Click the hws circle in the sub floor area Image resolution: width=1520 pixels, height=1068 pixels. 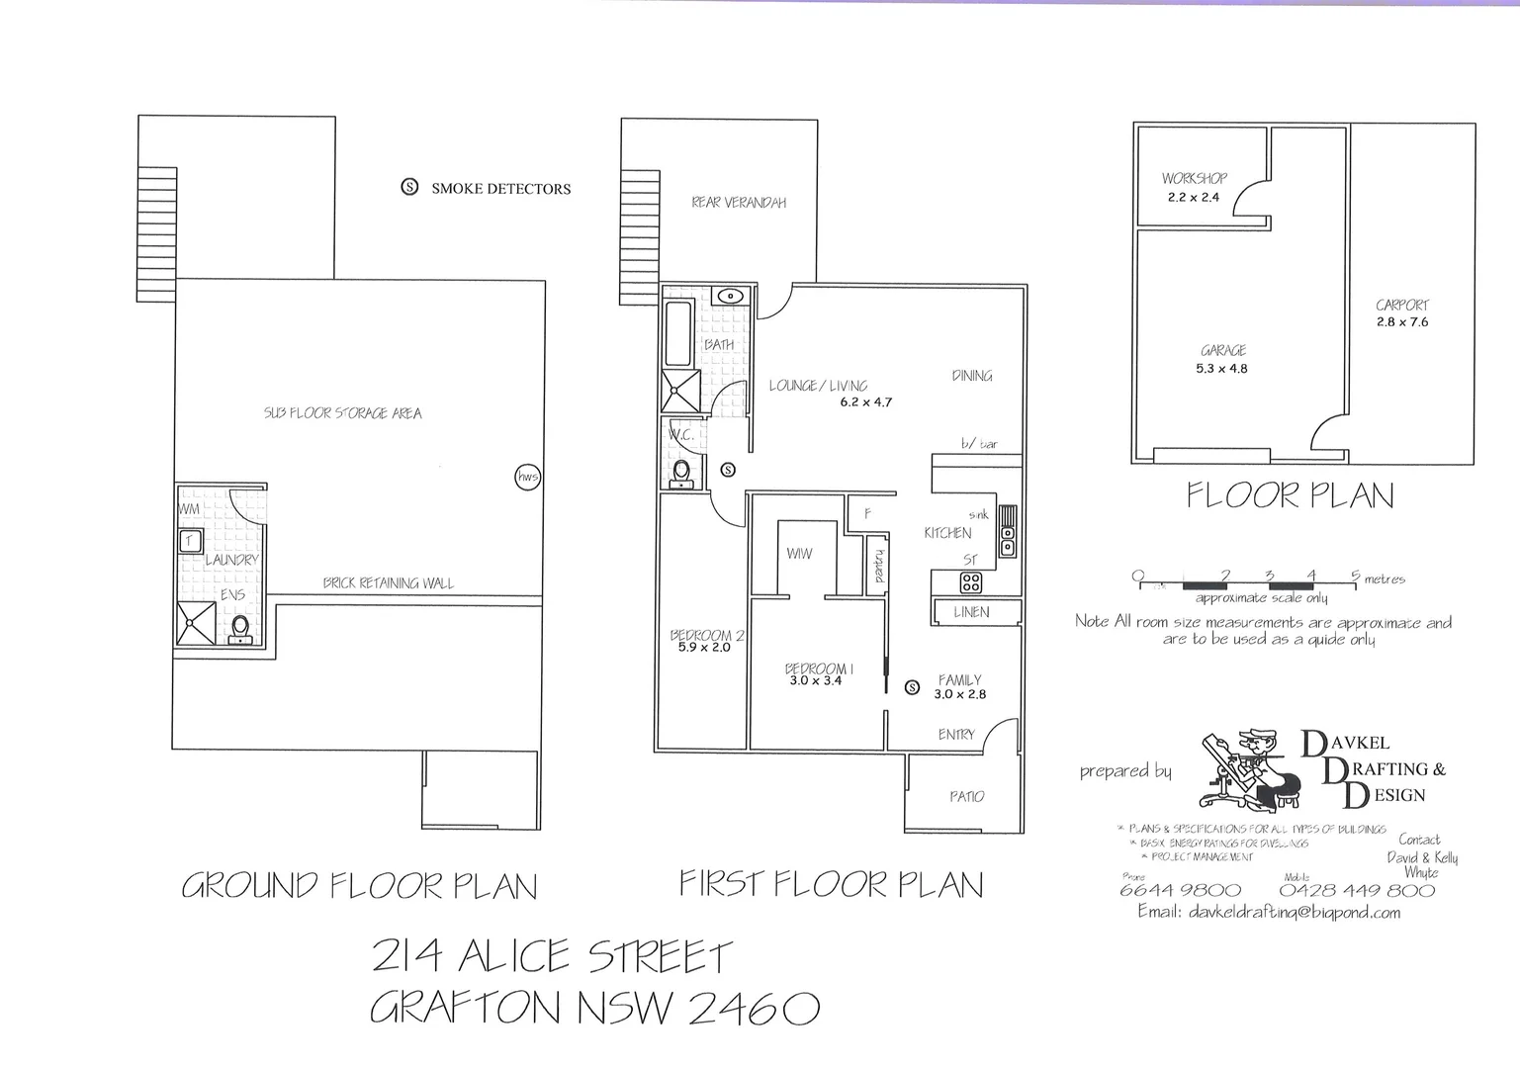tap(528, 477)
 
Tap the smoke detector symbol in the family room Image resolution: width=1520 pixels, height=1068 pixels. tap(912, 687)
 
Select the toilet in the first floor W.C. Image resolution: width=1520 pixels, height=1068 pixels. tap(681, 474)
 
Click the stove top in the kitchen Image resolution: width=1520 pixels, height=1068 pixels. tap(971, 582)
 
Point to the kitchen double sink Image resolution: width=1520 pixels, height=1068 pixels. tap(1007, 530)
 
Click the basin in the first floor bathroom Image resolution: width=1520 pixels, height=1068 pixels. tap(729, 296)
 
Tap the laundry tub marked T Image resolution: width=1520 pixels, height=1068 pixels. tap(190, 541)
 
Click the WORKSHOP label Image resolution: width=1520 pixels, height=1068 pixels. tap(1194, 179)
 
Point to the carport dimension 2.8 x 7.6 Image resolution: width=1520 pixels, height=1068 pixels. tap(1401, 322)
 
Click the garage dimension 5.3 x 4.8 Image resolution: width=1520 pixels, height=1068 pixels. tap(1222, 369)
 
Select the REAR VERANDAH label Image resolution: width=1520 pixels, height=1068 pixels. tap(739, 203)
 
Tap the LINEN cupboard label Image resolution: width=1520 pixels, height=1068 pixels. tap(971, 612)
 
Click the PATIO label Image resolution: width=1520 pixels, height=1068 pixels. tap(966, 796)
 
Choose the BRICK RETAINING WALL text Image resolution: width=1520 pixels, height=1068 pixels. tap(388, 583)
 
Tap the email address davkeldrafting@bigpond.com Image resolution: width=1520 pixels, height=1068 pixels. tap(1269, 912)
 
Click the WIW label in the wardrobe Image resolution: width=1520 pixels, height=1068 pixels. tap(799, 554)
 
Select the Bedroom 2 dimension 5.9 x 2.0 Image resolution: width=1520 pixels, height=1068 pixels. tap(703, 648)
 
